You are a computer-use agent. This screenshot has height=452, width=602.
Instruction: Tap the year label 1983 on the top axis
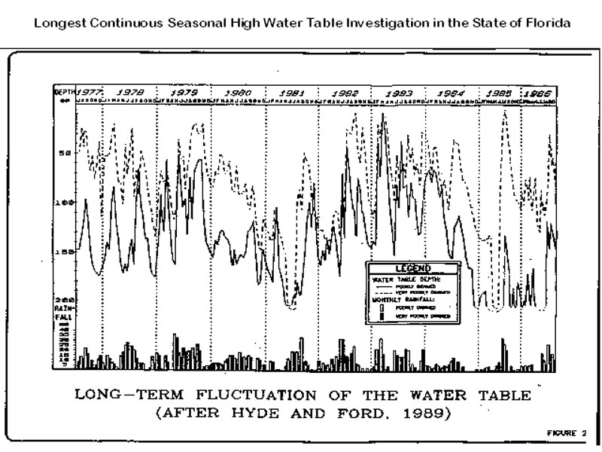(x=398, y=92)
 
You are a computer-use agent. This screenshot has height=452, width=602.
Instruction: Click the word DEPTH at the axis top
(x=62, y=90)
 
